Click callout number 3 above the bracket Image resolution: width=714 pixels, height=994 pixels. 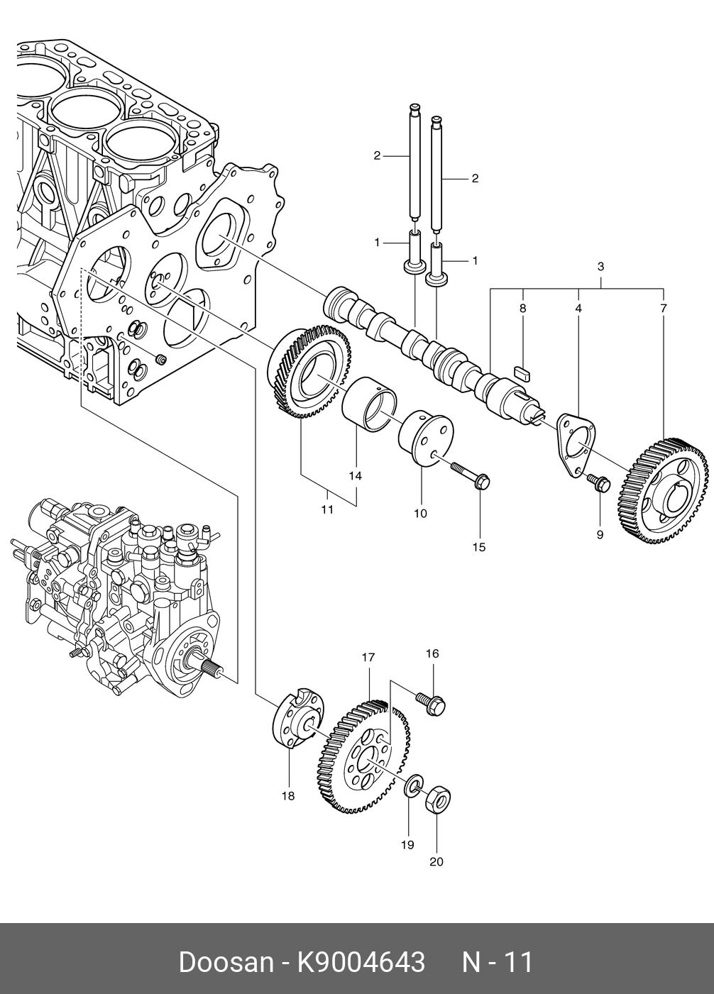point(600,267)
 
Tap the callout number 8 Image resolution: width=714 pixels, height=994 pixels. point(522,308)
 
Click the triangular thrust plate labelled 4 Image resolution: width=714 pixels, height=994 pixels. point(576,446)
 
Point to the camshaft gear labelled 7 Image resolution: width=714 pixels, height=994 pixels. point(663,491)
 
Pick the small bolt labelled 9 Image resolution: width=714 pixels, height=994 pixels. point(600,482)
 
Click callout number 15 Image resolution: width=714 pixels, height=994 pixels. point(478,547)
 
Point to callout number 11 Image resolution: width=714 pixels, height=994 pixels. point(327,509)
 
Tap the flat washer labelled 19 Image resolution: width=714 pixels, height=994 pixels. point(413,786)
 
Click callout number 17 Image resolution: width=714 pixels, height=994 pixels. point(368,657)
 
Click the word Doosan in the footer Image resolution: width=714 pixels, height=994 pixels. point(226,959)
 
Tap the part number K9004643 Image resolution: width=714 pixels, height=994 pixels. point(361,959)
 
